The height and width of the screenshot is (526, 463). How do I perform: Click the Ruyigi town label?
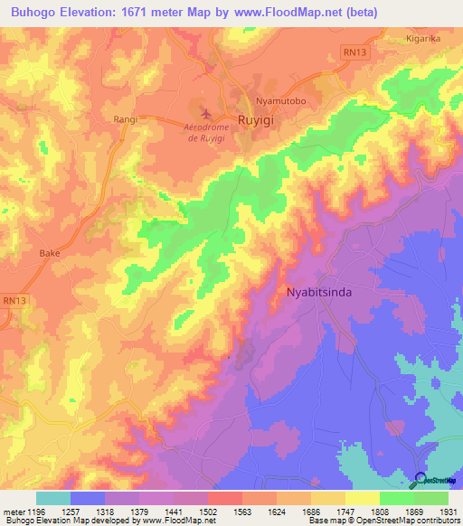[x=256, y=118]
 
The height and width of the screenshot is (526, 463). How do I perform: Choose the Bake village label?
[x=49, y=254]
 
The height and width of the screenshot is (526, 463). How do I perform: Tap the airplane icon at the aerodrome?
[x=207, y=114]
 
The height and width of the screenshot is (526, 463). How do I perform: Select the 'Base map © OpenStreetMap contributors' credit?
[x=383, y=521]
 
